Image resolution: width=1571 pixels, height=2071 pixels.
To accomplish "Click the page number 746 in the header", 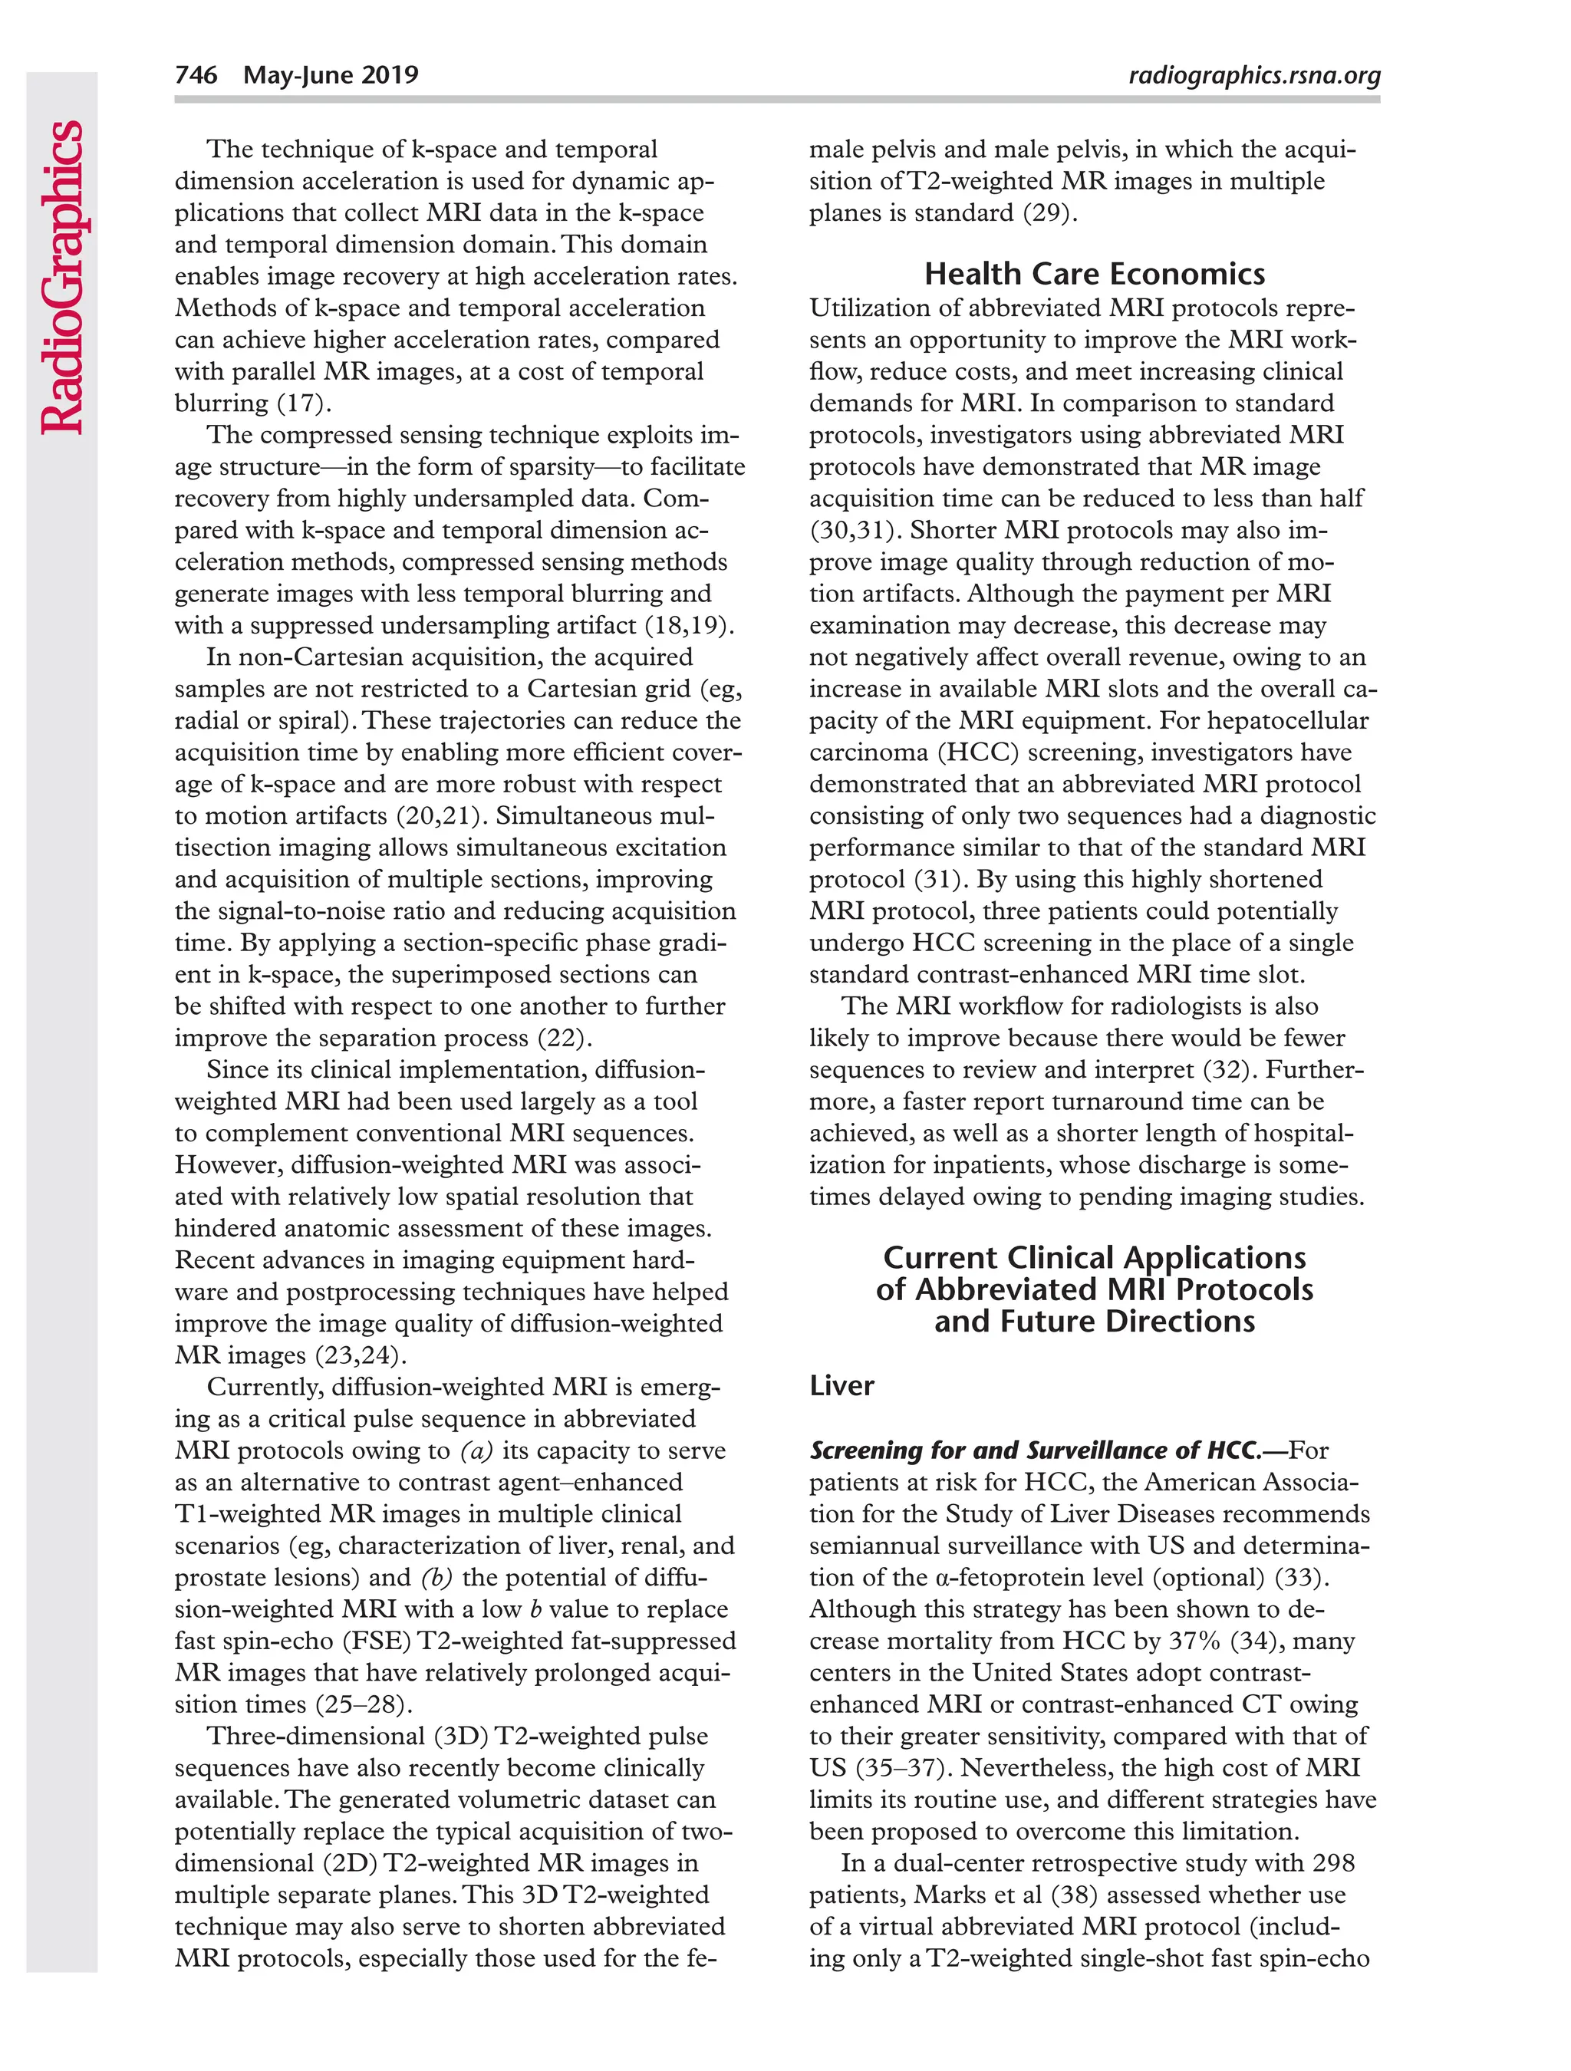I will pyautogui.click(x=196, y=75).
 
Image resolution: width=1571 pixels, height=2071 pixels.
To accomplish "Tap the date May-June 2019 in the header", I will pyautogui.click(x=331, y=75).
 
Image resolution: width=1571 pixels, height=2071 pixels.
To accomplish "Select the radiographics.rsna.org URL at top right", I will pyautogui.click(x=1254, y=76).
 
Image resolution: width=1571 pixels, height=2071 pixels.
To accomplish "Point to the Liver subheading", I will pyautogui.click(x=841, y=1386).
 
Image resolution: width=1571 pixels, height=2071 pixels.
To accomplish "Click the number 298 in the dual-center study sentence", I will pyautogui.click(x=1333, y=1863).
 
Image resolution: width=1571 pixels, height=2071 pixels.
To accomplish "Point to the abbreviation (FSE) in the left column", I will pyautogui.click(x=377, y=1641).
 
